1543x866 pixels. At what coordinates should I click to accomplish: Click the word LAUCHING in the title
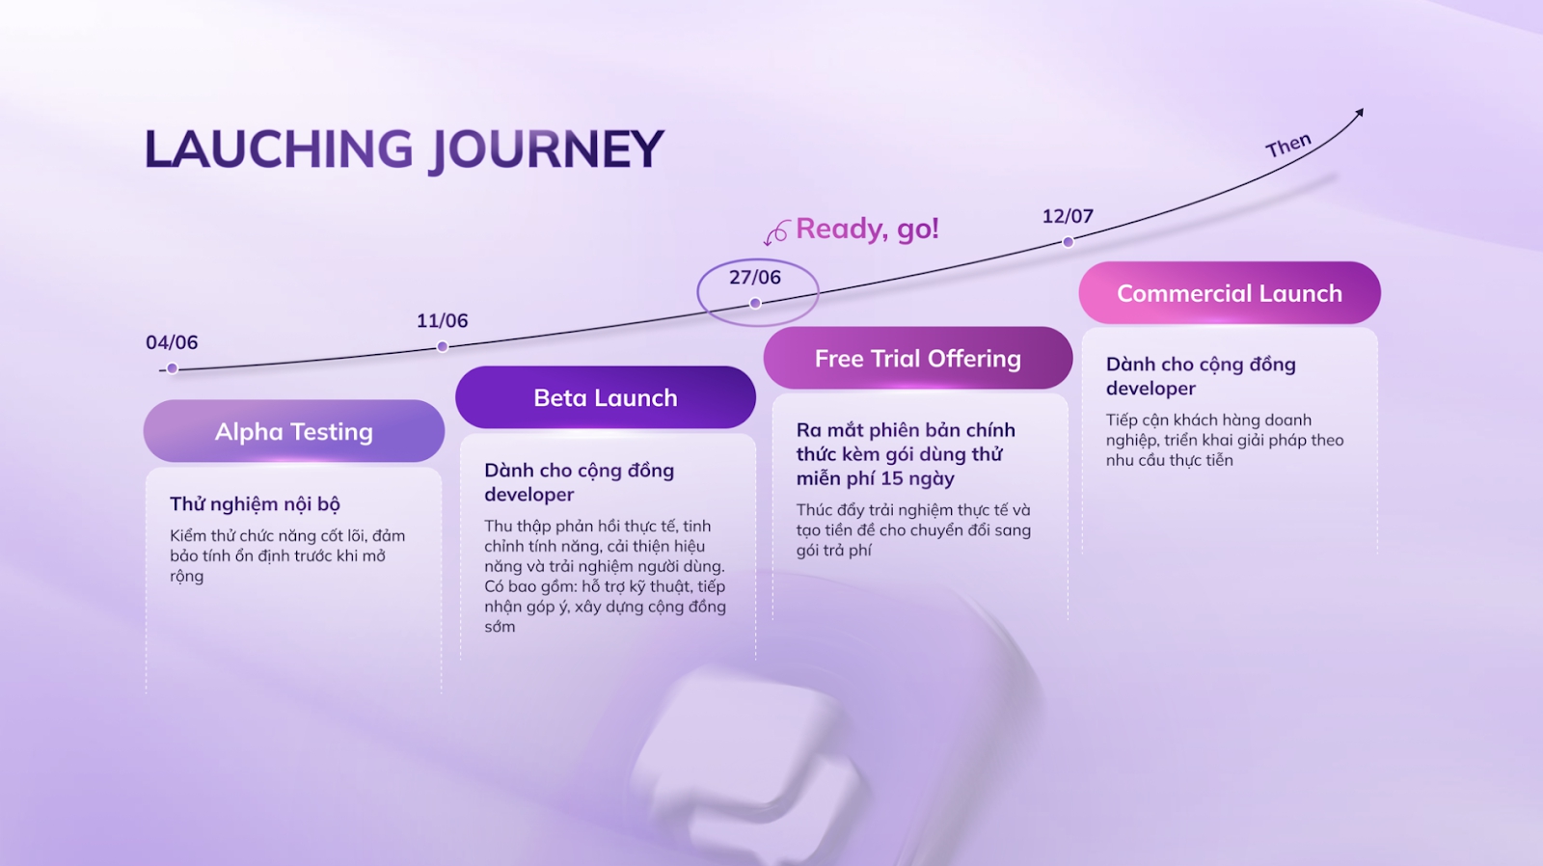coord(279,149)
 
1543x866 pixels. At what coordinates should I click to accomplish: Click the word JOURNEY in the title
coord(546,150)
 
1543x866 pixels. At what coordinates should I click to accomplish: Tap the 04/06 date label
coord(172,342)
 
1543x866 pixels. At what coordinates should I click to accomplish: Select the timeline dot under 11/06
coord(443,346)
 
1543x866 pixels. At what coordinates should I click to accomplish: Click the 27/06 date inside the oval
coord(754,278)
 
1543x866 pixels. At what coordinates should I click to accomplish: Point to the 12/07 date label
coord(1068,216)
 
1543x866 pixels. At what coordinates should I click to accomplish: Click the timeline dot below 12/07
coord(1068,242)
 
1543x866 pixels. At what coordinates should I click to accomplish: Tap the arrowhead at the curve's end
coord(1359,114)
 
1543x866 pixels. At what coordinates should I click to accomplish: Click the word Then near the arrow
coord(1288,146)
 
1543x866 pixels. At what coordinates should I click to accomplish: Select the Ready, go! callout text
coord(867,229)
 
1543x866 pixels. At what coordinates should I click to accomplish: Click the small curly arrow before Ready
coord(777,232)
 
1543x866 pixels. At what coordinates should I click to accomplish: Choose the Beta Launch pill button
coord(606,397)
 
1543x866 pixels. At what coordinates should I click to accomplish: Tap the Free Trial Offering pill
coord(917,359)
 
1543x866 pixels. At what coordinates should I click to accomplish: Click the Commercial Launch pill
coord(1229,293)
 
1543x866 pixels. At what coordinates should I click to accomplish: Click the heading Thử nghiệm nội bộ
coord(255,503)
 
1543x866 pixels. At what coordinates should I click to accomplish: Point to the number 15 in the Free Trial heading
coord(891,478)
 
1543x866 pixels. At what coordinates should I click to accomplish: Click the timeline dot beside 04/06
coord(172,368)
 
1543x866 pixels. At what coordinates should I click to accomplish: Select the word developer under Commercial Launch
coord(1150,389)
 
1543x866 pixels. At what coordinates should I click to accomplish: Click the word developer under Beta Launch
coord(528,495)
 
